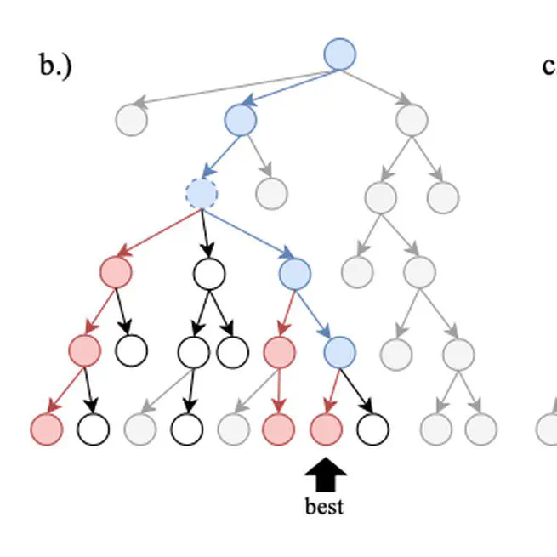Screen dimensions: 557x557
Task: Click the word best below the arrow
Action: pyautogui.click(x=324, y=507)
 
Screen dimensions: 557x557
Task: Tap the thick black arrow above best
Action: pyautogui.click(x=324, y=475)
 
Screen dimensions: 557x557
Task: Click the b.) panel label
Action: pyautogui.click(x=55, y=65)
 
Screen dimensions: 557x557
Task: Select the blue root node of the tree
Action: pyautogui.click(x=340, y=54)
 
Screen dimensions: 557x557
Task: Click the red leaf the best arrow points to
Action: pyautogui.click(x=325, y=430)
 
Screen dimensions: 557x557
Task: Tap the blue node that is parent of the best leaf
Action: pyautogui.click(x=339, y=350)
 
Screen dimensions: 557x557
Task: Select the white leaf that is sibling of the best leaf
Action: pyautogui.click(x=372, y=430)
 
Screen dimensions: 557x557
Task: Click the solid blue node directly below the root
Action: pyautogui.click(x=241, y=120)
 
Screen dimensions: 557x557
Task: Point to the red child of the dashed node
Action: pyautogui.click(x=117, y=273)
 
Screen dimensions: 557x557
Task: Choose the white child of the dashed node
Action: pyautogui.click(x=208, y=273)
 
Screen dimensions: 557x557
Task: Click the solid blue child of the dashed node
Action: pyautogui.click(x=294, y=273)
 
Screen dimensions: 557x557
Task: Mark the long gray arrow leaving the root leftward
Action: pyautogui.click(x=230, y=88)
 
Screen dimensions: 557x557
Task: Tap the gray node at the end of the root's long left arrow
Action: pyautogui.click(x=132, y=119)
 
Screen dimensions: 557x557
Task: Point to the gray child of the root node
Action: pyautogui.click(x=412, y=120)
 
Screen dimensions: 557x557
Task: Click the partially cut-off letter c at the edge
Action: pyautogui.click(x=548, y=66)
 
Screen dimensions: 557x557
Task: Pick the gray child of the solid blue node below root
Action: pyautogui.click(x=271, y=193)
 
